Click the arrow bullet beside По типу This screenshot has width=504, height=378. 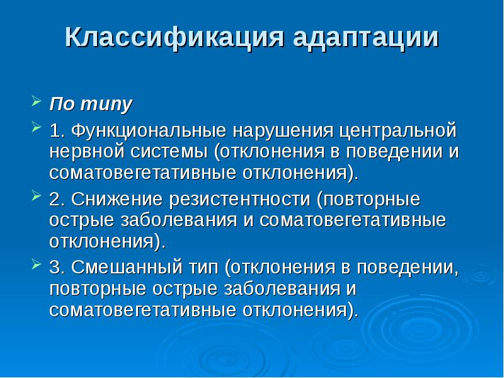(x=35, y=101)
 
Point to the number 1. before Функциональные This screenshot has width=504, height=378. (x=57, y=132)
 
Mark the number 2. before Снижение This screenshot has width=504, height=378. (x=57, y=200)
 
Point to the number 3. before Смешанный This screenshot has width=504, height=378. (x=57, y=268)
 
